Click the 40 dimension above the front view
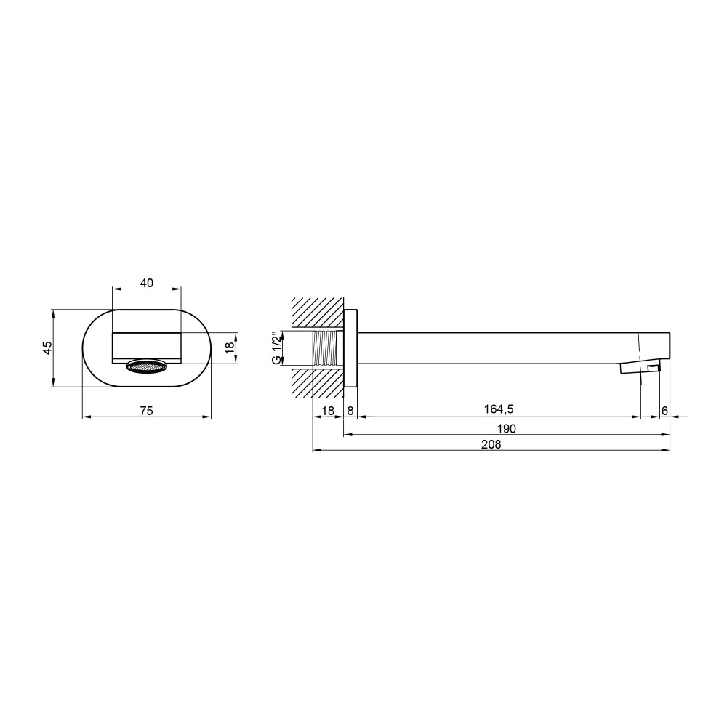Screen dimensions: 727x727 [x=147, y=282]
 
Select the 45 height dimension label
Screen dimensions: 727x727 [x=47, y=348]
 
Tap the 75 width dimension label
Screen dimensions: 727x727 [x=147, y=410]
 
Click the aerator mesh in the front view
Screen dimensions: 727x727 [x=147, y=367]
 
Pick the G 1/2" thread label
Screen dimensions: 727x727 [x=276, y=348]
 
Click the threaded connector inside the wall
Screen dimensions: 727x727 [x=328, y=348]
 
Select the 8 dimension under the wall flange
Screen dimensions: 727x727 [x=350, y=410]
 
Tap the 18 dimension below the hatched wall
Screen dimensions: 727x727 [x=328, y=410]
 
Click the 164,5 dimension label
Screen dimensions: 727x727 [x=499, y=409]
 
